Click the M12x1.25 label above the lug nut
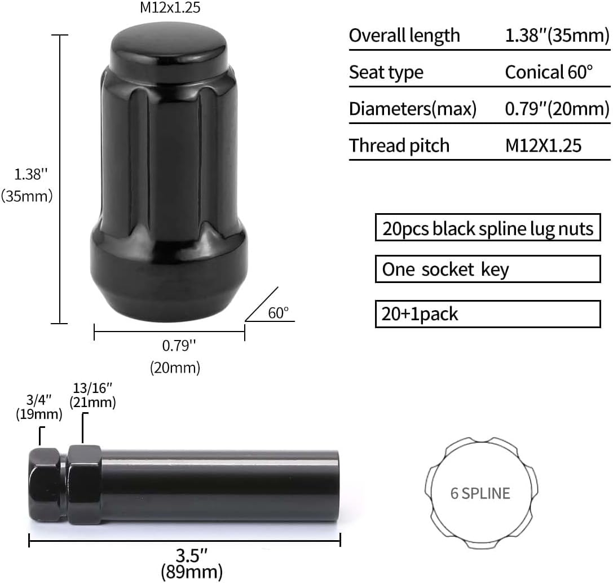click(x=169, y=8)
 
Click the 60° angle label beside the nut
click(x=278, y=313)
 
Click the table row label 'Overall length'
click(x=404, y=36)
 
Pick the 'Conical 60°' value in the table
click(x=549, y=72)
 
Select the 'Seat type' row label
click(x=386, y=72)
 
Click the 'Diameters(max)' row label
click(x=413, y=109)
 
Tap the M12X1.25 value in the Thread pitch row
click(x=543, y=145)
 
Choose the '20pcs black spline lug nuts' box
click(x=488, y=228)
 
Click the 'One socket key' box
click(x=488, y=269)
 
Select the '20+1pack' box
click(x=488, y=313)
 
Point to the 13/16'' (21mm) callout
click(x=92, y=395)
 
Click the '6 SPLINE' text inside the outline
click(x=480, y=493)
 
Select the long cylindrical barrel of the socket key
click(x=220, y=485)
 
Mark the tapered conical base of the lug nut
click(x=169, y=293)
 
